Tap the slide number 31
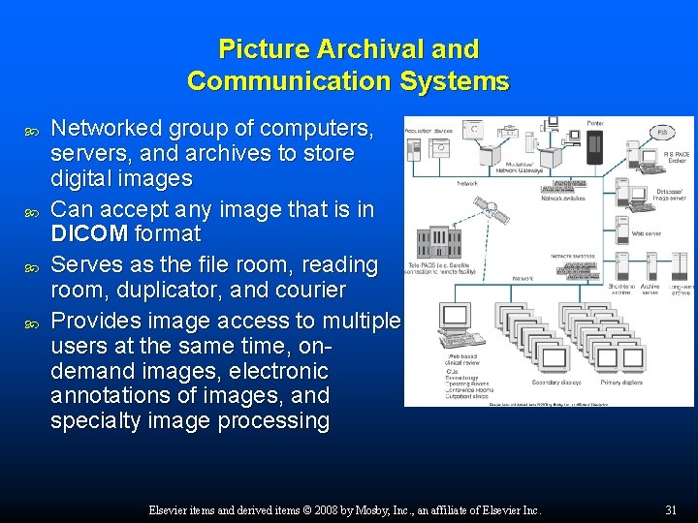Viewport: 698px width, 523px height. point(670,510)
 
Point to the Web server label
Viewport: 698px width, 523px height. point(647,232)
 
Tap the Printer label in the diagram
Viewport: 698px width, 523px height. point(595,124)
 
